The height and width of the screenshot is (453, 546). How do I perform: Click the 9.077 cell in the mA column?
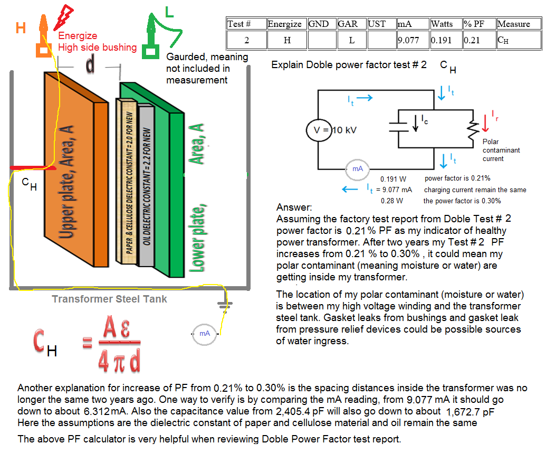click(x=413, y=40)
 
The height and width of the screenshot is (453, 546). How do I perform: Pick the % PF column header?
click(x=478, y=24)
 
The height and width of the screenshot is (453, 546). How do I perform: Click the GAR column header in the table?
click(x=351, y=24)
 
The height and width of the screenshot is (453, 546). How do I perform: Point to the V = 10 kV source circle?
click(x=320, y=130)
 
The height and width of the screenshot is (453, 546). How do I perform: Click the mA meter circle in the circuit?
click(x=358, y=168)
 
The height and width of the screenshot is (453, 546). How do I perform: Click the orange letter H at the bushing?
click(x=21, y=28)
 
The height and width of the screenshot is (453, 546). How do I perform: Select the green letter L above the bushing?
click(x=169, y=12)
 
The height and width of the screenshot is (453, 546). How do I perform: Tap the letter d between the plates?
click(x=91, y=64)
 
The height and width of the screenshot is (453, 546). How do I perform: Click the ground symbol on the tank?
click(x=226, y=306)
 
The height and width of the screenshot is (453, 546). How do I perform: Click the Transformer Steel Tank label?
click(x=109, y=299)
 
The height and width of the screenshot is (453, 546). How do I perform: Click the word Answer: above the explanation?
click(x=294, y=207)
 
